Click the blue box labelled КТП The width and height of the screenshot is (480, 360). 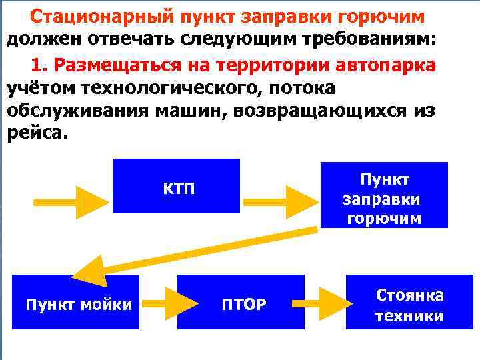click(x=176, y=186)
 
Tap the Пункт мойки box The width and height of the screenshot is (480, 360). click(x=77, y=305)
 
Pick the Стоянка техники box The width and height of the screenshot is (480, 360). click(x=409, y=305)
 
